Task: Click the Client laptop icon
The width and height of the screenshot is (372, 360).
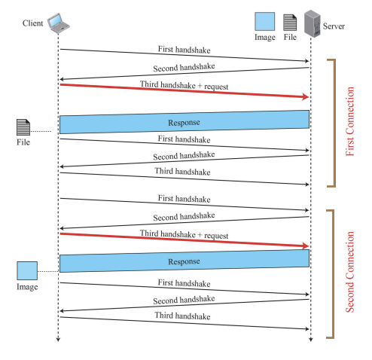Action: (58, 24)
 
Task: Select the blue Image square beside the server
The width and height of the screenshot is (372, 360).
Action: (264, 22)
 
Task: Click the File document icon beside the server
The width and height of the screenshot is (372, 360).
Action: (290, 22)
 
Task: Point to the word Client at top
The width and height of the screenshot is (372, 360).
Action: (33, 24)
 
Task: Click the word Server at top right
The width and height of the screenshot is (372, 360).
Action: (334, 27)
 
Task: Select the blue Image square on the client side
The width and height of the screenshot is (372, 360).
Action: (27, 270)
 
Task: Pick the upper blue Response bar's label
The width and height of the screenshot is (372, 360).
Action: (184, 121)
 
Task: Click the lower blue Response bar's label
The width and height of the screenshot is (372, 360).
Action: (184, 261)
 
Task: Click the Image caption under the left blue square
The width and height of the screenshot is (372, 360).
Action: (27, 288)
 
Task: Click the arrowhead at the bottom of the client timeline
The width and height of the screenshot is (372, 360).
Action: (58, 340)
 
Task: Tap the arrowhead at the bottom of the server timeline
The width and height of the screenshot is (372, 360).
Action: (310, 340)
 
